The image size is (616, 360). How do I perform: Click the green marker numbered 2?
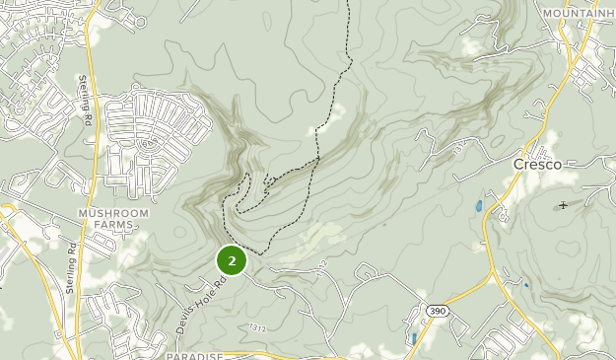point(231,260)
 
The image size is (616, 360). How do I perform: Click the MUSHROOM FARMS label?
point(113,219)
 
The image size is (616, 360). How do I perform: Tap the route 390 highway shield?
point(437,311)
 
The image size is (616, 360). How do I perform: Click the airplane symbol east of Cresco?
point(563,205)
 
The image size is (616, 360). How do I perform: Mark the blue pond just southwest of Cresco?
point(478,207)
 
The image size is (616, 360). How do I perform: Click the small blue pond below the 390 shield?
point(412,338)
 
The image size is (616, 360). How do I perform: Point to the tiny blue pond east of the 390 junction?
point(525,286)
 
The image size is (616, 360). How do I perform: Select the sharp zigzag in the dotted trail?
point(267,180)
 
